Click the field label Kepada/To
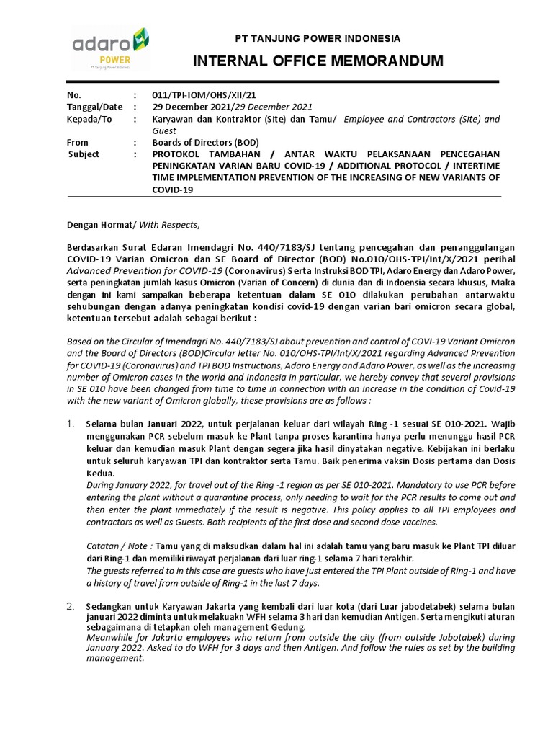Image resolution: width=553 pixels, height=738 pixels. click(x=89, y=119)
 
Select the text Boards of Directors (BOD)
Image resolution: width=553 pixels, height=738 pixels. click(x=204, y=143)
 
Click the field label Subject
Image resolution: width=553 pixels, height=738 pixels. click(x=84, y=154)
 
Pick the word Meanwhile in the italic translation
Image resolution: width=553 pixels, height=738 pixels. click(x=109, y=637)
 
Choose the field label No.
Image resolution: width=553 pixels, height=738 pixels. click(x=73, y=94)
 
